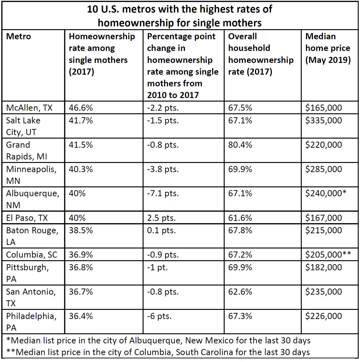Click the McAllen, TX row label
click(x=29, y=108)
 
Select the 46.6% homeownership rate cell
click(x=81, y=108)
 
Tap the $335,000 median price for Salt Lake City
click(x=323, y=120)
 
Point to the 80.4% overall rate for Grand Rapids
click(x=240, y=145)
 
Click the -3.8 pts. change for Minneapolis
click(x=163, y=169)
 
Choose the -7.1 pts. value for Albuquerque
click(x=163, y=193)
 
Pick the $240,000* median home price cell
click(x=325, y=193)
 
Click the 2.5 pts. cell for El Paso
click(x=161, y=218)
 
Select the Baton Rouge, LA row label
click(x=32, y=236)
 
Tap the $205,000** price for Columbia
click(x=328, y=255)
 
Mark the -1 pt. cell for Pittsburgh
click(x=157, y=267)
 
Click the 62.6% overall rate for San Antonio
click(x=240, y=292)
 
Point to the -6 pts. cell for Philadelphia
click(x=159, y=316)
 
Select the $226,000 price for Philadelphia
click(x=323, y=316)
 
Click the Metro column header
click(x=18, y=36)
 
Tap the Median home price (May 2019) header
click(x=328, y=48)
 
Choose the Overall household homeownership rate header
click(x=261, y=54)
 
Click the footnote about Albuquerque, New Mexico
click(x=158, y=340)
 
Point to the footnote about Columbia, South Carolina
click(x=158, y=352)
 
